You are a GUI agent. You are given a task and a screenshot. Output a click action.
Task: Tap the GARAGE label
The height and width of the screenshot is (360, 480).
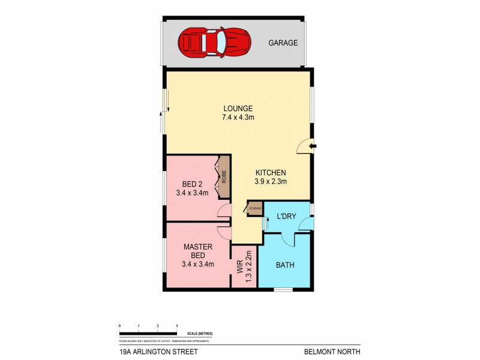[282, 43]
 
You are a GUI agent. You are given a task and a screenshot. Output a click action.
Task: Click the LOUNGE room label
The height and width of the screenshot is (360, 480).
[238, 109]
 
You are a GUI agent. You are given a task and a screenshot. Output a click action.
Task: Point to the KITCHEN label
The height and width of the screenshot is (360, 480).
[268, 173]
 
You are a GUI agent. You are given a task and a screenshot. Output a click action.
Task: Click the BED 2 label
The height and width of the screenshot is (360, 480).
[192, 184]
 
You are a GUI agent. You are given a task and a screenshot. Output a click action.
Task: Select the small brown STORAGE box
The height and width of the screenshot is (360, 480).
[255, 208]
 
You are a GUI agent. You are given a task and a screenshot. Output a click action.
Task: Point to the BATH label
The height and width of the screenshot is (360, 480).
[285, 265]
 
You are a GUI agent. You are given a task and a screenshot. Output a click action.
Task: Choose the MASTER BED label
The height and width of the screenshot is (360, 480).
[198, 250]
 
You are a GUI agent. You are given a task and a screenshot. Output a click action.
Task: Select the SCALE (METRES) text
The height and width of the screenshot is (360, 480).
[200, 334]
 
